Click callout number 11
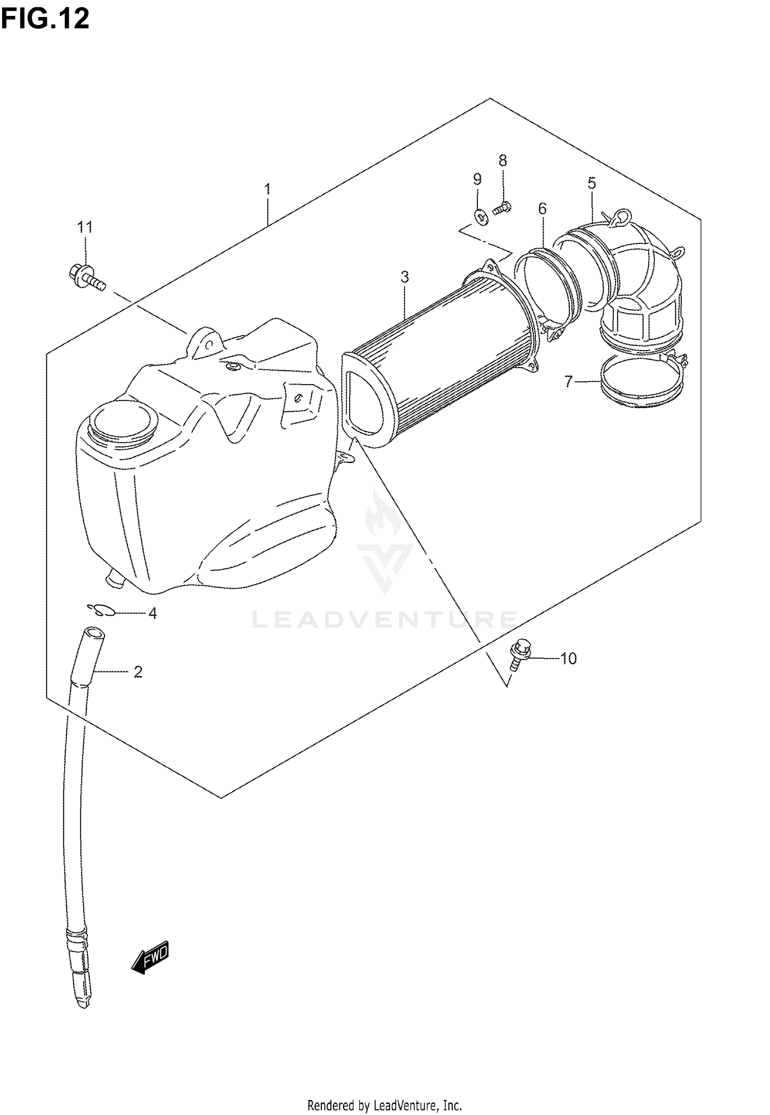coord(85,227)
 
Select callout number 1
coord(267,189)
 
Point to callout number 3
coord(405,277)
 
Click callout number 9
coord(477,179)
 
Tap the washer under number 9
coord(481,218)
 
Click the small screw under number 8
coord(501,208)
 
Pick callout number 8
coord(503,161)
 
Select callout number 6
coord(543,208)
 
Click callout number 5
coord(592,183)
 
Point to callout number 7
coord(568,381)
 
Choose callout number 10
coord(568,659)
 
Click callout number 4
coord(152,613)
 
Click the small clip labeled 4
coord(103,610)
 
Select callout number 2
coord(138,671)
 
